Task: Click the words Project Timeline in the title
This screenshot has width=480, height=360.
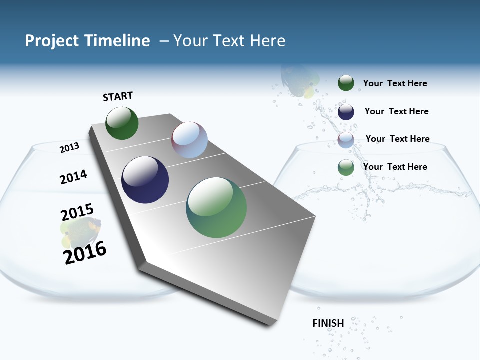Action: pos(87,41)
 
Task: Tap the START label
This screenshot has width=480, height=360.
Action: pos(118,96)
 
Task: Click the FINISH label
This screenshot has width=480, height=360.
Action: pos(328,323)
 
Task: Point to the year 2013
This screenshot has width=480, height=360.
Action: pos(69,147)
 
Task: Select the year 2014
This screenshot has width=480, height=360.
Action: pos(73,177)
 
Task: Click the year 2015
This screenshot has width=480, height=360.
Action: pos(77,212)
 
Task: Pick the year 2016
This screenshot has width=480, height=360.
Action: pos(85,252)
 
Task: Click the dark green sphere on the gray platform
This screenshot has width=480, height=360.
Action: pos(122,123)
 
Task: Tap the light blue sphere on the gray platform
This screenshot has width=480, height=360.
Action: pos(189,140)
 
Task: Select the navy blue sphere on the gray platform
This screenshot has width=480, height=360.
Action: pos(145,180)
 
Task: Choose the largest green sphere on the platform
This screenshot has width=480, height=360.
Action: pos(216,207)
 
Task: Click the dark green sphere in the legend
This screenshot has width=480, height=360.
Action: pos(346,83)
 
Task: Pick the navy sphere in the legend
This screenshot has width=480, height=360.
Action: pos(346,112)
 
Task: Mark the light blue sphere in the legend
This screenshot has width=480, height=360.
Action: pos(346,140)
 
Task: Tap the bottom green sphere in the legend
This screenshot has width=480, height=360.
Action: pos(346,167)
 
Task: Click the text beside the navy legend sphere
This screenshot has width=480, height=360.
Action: pos(396,111)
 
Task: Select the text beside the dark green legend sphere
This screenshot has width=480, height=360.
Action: pos(395,83)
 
